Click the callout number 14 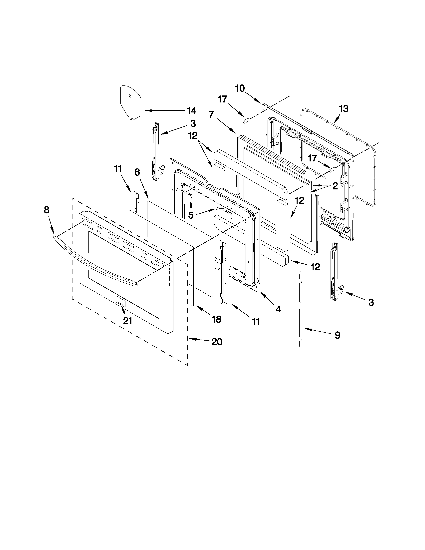[x=191, y=110]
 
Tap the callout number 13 [x=344, y=109]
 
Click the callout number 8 [x=46, y=210]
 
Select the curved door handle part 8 [x=96, y=262]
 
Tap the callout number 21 [x=127, y=321]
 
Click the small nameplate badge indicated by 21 [x=120, y=301]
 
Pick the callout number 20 [x=217, y=342]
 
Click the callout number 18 [x=216, y=319]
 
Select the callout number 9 [x=337, y=335]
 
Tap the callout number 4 [x=278, y=309]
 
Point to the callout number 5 [x=191, y=215]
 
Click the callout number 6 [x=137, y=172]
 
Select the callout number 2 [x=335, y=186]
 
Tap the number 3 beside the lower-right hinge [x=371, y=302]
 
